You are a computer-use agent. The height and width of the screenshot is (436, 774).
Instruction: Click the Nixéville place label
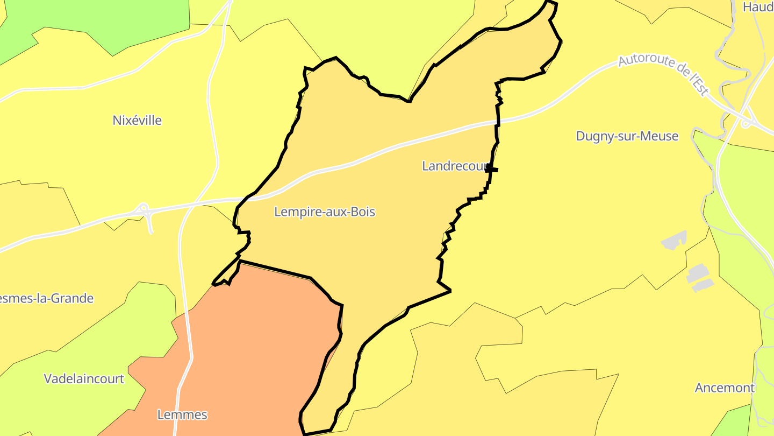point(137,121)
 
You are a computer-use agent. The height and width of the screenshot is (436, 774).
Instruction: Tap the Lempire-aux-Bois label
point(325,212)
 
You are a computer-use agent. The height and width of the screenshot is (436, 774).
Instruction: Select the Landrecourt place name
point(454,166)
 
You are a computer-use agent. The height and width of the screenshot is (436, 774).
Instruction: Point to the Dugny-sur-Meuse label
point(627,136)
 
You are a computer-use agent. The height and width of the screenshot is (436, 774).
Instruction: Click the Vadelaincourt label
point(84,379)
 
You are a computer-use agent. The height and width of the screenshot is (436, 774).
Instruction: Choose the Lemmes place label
point(182,415)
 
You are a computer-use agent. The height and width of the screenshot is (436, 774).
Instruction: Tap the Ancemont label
point(725,388)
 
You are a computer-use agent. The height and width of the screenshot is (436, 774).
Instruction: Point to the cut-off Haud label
point(758,7)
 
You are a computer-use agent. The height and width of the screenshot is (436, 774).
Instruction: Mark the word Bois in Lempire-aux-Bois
point(362,212)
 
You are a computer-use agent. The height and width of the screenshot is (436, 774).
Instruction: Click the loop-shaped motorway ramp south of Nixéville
point(144,209)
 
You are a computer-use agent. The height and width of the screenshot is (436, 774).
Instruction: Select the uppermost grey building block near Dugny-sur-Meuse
point(674,240)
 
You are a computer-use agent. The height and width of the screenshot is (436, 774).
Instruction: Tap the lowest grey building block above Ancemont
point(703,286)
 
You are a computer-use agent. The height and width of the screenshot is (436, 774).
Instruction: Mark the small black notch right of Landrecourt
point(492,170)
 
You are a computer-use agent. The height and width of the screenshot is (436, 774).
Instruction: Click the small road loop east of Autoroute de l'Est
point(746,123)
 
